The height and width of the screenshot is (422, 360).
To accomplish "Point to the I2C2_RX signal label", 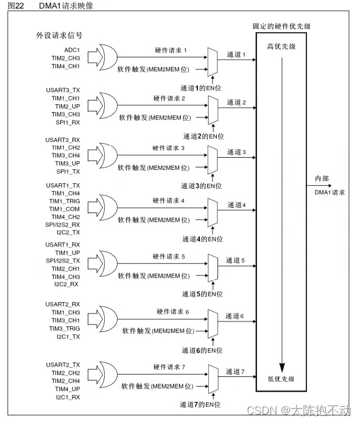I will (68, 284).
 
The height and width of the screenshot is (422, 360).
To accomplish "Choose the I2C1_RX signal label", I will (68, 397).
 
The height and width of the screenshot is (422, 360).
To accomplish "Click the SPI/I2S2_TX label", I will (63, 260).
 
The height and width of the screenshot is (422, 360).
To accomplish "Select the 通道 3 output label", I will (235, 152).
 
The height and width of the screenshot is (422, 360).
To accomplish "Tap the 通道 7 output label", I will (235, 371).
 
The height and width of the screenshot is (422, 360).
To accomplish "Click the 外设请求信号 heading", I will (59, 34).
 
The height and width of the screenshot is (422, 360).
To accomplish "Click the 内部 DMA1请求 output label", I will (330, 186).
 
